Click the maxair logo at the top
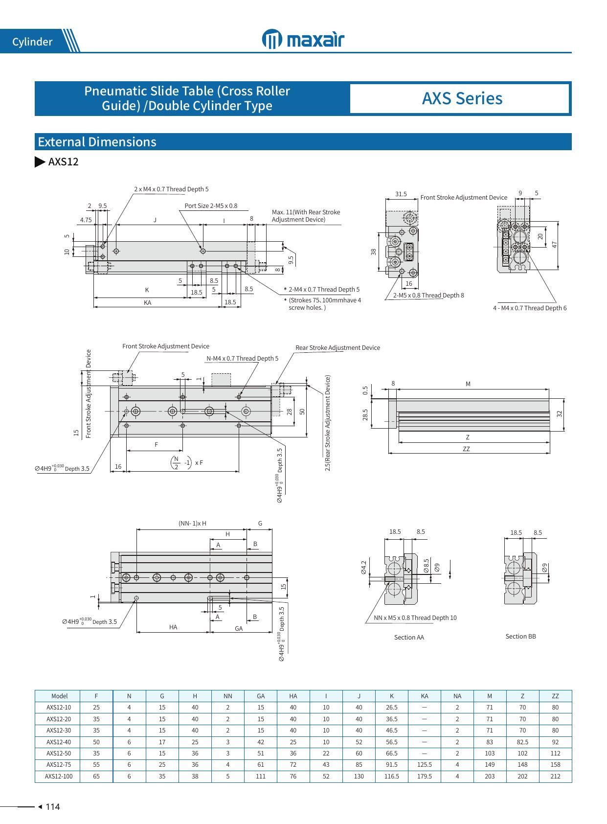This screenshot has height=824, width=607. click(303, 39)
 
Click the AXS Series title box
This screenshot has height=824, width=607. click(462, 98)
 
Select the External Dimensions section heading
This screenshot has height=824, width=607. click(97, 142)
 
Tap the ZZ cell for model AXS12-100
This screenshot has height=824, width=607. click(555, 776)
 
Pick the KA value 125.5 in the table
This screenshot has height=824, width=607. click(424, 764)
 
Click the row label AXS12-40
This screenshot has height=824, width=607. click(59, 742)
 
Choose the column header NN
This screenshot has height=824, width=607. click(227, 696)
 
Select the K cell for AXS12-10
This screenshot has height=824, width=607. click(391, 707)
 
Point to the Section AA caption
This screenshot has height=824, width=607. click(409, 637)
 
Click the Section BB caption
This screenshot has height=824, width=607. click(520, 636)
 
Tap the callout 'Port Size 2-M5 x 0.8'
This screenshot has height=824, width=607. click(211, 206)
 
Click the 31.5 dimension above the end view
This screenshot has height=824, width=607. click(401, 194)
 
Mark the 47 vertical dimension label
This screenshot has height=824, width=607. click(555, 244)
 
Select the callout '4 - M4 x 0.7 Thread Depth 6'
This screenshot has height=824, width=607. click(529, 308)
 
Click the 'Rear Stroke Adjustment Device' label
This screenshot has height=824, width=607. click(337, 347)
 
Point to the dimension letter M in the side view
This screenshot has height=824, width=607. click(468, 384)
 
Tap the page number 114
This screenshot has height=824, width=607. click(52, 807)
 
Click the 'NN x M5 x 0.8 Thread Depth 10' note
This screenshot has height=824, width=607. click(415, 618)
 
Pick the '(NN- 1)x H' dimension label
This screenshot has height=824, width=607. click(192, 523)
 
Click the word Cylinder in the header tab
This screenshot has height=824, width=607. click(32, 42)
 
